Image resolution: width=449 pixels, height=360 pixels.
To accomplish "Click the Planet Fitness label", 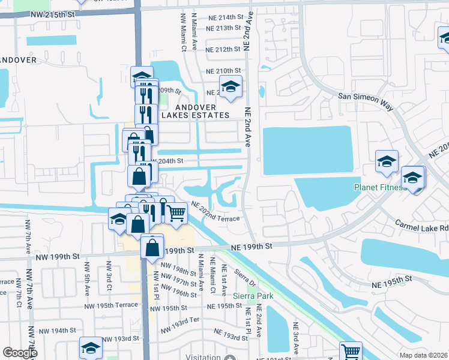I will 379,187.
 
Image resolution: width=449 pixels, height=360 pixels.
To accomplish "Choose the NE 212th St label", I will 223,49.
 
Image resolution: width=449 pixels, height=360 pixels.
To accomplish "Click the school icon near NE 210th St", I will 230,87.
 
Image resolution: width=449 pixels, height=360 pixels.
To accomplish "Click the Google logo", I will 20,353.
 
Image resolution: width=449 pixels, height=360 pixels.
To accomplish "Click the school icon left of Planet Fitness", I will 387,161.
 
